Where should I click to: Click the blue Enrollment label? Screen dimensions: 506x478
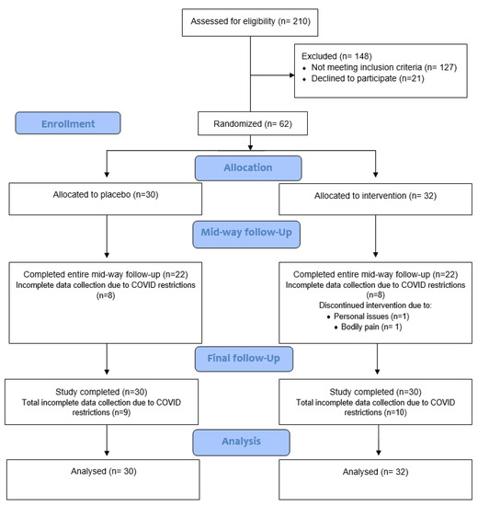67,122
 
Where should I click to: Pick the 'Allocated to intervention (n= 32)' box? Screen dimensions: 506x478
376,197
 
